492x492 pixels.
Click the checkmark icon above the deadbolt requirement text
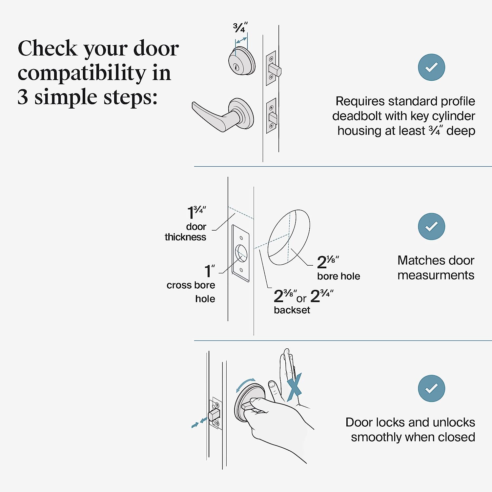click(x=431, y=67)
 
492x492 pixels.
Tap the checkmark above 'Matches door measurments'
click(x=431, y=226)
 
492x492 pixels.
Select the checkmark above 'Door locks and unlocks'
click(x=431, y=388)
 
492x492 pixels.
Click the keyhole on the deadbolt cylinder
click(x=236, y=68)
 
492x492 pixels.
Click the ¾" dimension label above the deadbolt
click(x=240, y=28)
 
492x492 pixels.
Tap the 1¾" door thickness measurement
click(x=196, y=213)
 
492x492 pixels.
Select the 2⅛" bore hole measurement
click(x=327, y=262)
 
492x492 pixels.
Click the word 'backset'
click(x=292, y=310)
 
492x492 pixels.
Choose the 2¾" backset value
click(x=321, y=296)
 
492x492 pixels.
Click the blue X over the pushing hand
click(x=294, y=387)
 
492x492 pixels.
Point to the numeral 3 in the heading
click(x=23, y=97)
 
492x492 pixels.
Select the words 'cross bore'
click(x=191, y=285)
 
